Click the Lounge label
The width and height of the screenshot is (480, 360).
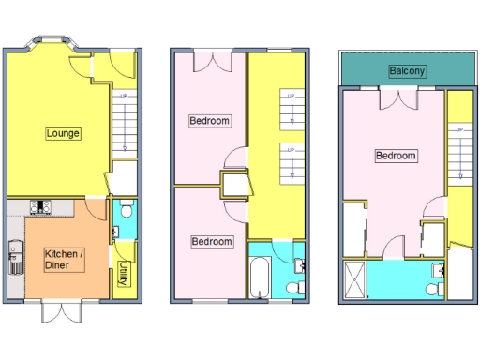(63, 133)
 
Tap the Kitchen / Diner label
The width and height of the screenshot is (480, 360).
(64, 258)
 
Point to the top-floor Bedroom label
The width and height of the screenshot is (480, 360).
(395, 156)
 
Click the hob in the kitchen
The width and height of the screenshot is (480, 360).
(42, 208)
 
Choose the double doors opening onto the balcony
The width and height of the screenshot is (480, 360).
(393, 98)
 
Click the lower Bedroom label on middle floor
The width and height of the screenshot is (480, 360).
(211, 242)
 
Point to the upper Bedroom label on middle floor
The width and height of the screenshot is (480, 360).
(209, 121)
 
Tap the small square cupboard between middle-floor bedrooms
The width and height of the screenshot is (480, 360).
(232, 184)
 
